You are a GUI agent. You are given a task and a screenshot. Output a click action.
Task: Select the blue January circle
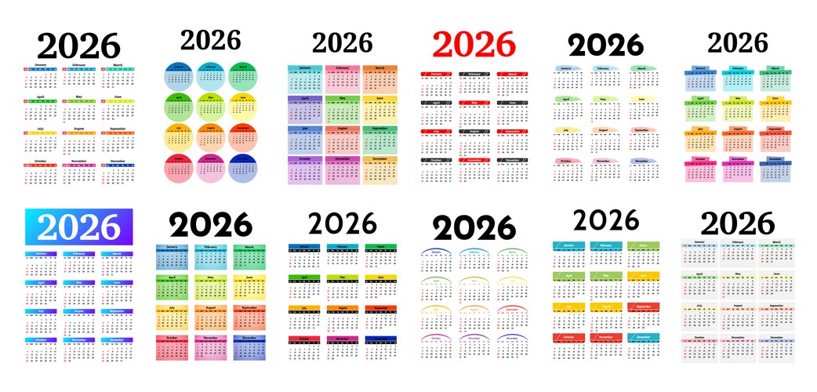[x=179, y=77]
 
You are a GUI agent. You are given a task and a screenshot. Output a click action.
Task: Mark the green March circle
[x=244, y=77]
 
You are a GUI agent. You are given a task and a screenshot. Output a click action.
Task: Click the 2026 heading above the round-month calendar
[x=210, y=39]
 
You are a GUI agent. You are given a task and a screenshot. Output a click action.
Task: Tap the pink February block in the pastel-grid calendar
[x=342, y=79]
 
